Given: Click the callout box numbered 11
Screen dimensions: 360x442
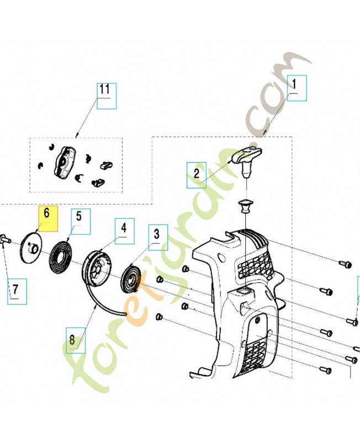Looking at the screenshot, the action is click(107, 96).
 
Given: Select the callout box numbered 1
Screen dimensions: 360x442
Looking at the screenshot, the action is click(297, 88).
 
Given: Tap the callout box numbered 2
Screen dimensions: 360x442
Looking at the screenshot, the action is click(197, 175).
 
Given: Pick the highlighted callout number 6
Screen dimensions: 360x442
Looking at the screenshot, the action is click(48, 219).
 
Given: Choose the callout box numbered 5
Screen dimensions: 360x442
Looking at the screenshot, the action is click(81, 222).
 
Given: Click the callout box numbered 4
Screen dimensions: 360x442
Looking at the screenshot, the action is click(124, 231).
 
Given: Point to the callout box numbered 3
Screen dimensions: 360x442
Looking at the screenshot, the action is click(158, 238).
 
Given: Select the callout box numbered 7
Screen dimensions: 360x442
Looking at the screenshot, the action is click(17, 292).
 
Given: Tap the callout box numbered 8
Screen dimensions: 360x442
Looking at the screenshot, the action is click(76, 340).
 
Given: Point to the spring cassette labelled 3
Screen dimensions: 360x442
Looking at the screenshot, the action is click(131, 279).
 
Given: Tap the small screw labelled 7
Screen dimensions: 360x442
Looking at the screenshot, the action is click(6, 239).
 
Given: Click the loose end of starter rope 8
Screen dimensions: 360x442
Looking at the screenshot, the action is click(125, 314).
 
